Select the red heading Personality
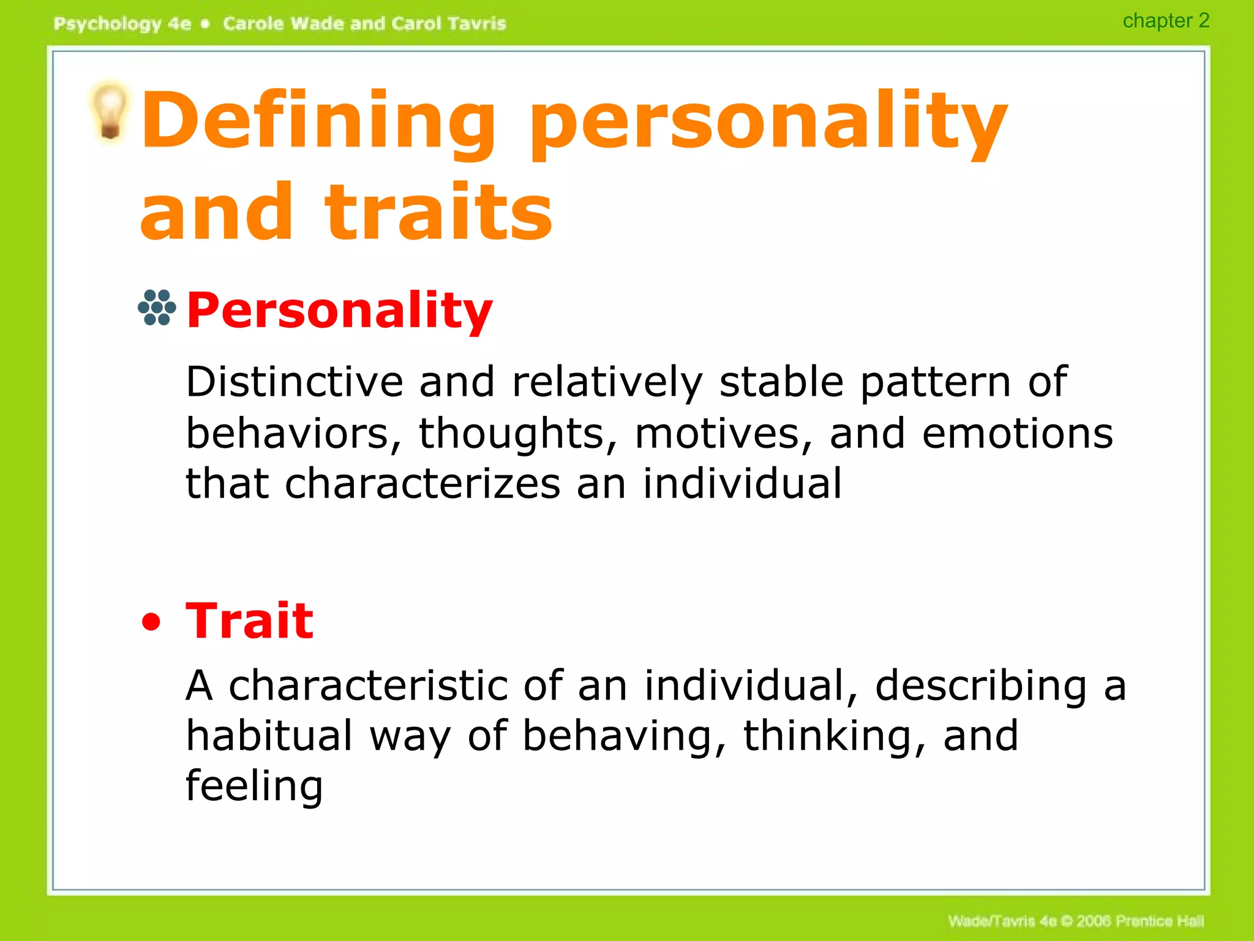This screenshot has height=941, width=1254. tap(339, 311)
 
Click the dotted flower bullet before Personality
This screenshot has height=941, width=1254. tap(157, 308)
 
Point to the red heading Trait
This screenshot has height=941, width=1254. tap(249, 621)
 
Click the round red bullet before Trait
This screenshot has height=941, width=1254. tap(151, 623)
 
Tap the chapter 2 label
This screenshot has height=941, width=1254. tap(1165, 21)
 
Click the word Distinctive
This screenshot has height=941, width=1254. tap(295, 382)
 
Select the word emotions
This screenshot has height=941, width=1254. tap(1017, 434)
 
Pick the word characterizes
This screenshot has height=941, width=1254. tap(422, 484)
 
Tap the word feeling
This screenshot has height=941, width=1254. tap(254, 787)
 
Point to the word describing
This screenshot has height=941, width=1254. tap(981, 686)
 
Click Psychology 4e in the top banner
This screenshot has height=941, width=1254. tap(122, 24)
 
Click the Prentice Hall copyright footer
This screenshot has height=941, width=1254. tap(1075, 921)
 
